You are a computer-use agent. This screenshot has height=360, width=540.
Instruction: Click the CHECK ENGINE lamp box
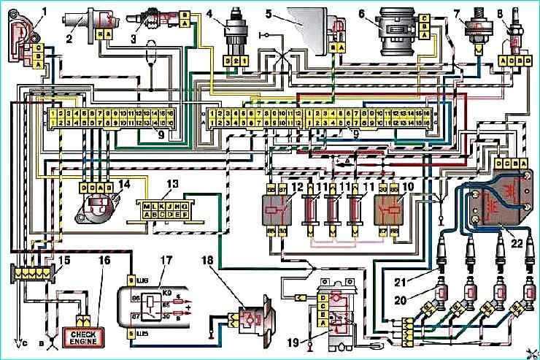[86, 337]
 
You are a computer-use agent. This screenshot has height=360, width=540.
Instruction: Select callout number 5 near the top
[268, 12]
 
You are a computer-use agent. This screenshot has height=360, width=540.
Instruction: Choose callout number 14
[104, 184]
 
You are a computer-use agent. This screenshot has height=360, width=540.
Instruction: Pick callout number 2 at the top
[69, 37]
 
